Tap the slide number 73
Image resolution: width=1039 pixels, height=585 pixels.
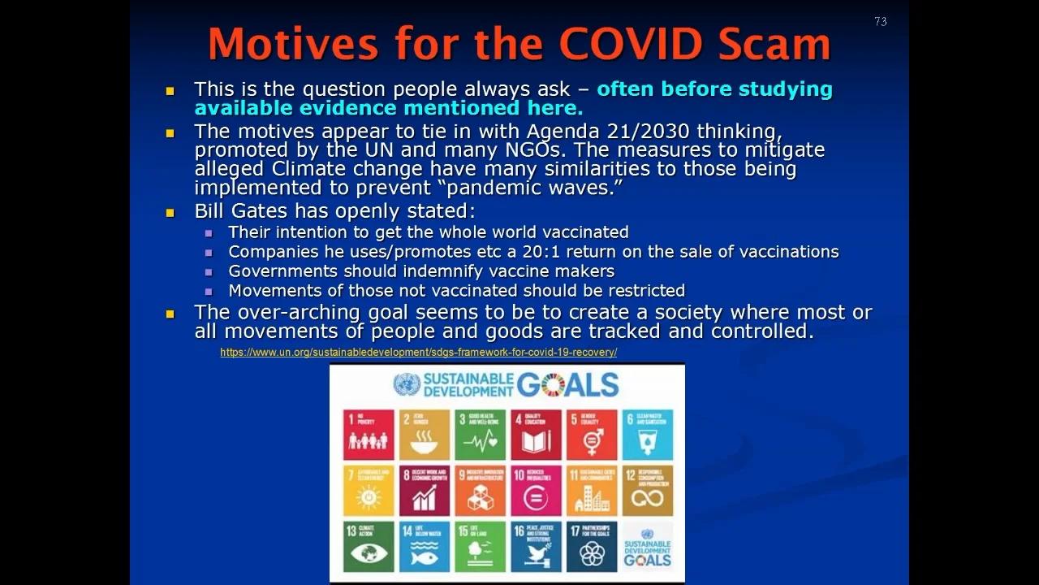click(881, 22)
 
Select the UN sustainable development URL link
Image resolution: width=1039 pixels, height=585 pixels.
click(418, 352)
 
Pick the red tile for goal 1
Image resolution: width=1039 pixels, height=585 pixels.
click(368, 435)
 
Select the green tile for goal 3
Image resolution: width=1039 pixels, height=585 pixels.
click(480, 435)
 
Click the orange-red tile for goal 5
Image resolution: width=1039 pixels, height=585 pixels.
click(592, 435)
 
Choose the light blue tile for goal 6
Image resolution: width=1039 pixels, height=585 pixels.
click(648, 435)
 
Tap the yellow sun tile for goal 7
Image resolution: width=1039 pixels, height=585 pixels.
click(368, 491)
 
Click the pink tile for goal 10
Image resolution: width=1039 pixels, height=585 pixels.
click(536, 491)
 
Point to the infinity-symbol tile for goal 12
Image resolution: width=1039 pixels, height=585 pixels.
click(648, 491)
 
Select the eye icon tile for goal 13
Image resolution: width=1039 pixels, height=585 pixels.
click(368, 546)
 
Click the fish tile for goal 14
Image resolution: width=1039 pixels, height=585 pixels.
click(424, 546)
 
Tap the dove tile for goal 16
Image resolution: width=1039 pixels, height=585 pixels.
click(536, 546)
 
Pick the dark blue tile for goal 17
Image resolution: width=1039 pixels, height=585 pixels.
click(592, 546)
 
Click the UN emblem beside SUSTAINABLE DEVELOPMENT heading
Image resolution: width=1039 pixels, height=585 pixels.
click(407, 383)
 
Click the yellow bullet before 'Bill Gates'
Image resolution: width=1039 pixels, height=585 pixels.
click(170, 213)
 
